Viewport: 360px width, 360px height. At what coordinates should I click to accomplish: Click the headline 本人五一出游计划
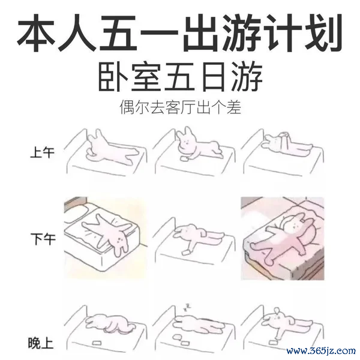pos(180,32)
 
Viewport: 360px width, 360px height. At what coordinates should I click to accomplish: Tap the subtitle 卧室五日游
pos(181,77)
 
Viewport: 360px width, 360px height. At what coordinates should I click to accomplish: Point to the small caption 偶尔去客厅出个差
pos(180,107)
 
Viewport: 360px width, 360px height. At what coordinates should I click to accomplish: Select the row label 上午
pos(42,152)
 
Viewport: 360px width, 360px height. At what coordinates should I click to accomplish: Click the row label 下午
pos(43,239)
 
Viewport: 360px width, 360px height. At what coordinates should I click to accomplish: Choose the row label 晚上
pos(41,343)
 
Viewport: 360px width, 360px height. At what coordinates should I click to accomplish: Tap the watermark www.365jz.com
pos(321,350)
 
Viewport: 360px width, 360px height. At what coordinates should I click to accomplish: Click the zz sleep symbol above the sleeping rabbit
pos(187,307)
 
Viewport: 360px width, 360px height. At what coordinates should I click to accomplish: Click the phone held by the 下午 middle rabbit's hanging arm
pos(185,253)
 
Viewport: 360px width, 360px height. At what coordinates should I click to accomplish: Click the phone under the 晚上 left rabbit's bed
pos(97,343)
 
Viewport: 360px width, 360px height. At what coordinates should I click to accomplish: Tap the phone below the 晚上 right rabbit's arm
pos(273,343)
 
